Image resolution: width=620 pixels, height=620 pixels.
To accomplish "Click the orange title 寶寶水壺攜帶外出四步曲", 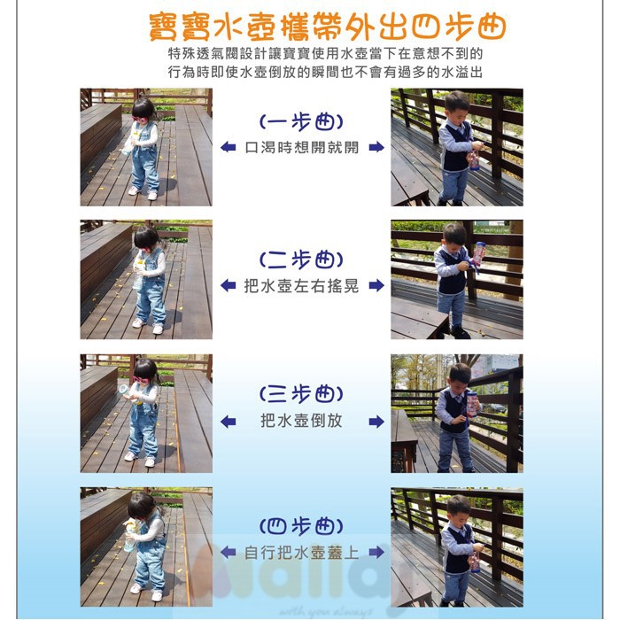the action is [328, 27].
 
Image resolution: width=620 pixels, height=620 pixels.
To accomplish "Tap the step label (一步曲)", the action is [301, 122].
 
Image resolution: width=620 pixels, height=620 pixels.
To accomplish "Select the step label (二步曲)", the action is [301, 260].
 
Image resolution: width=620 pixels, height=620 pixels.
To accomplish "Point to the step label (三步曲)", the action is [301, 394].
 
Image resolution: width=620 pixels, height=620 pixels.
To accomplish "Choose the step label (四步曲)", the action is [301, 526].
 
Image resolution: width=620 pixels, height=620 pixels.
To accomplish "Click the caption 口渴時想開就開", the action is [302, 148].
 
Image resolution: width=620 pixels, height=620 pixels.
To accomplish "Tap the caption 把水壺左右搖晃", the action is [301, 285].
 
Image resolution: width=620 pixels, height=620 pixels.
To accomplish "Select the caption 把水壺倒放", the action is [301, 421].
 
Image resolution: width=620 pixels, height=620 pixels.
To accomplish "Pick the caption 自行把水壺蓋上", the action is [301, 553].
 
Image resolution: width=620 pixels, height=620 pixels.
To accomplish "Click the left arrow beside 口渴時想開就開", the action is [229, 147].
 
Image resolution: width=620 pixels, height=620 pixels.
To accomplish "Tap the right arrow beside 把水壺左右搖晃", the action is [376, 285].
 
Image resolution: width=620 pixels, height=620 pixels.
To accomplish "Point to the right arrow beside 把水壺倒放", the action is [376, 422].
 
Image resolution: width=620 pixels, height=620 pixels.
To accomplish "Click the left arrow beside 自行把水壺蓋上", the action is [229, 552].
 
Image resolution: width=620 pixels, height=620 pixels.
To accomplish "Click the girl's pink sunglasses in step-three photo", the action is [140, 380].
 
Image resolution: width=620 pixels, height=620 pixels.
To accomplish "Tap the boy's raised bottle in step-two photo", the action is [479, 254].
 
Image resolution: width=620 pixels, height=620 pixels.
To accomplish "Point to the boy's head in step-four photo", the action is [458, 508].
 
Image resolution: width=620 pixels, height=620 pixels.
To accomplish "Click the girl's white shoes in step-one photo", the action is [143, 193].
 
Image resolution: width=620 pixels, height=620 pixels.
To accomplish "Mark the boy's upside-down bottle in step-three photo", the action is [472, 404].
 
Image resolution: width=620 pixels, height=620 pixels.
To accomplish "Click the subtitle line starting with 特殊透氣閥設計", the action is [325, 54].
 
